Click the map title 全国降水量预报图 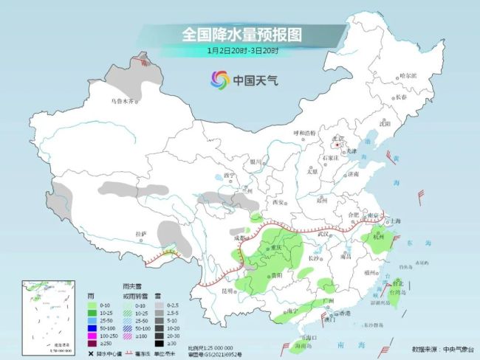point(242,35)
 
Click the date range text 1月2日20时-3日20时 point(242,50)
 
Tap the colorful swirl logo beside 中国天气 point(219,79)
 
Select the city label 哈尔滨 point(408,76)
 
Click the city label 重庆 point(277,246)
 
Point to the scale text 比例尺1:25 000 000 point(210,346)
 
